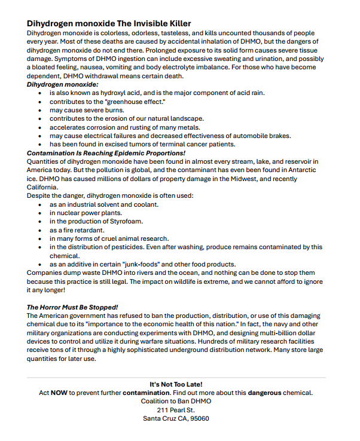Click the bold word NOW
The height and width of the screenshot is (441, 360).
(59, 393)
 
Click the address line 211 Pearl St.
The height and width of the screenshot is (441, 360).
(176, 410)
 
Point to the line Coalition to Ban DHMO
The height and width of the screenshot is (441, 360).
(176, 401)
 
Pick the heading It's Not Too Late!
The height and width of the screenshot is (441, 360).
(176, 384)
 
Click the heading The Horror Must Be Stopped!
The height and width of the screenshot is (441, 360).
(72, 307)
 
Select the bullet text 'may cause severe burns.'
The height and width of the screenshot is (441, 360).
(87, 111)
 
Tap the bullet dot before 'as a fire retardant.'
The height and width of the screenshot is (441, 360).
(39, 230)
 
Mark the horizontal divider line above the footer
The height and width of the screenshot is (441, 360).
(176, 377)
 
